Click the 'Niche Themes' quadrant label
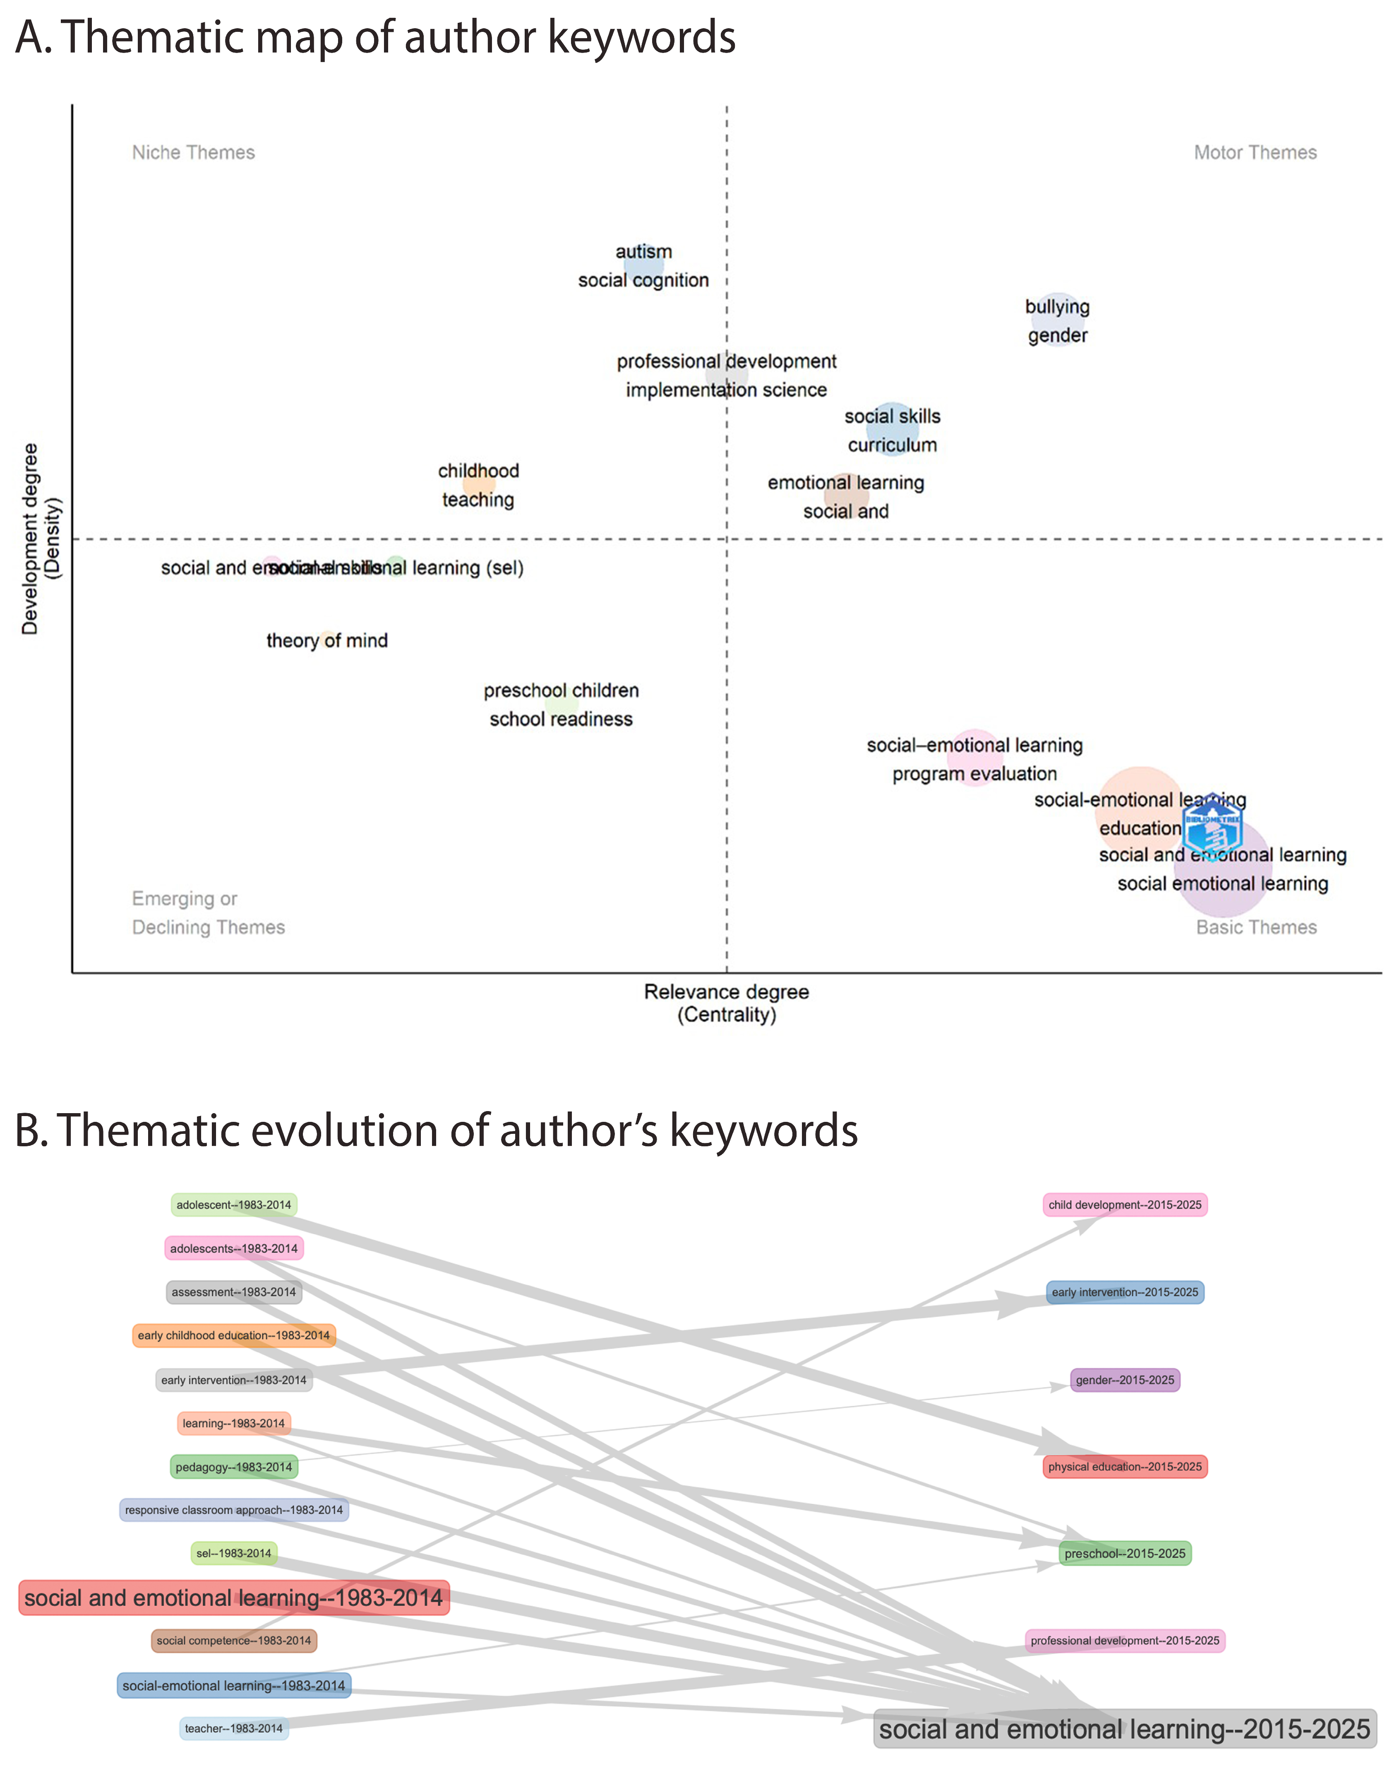(193, 152)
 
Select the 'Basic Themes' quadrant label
(1256, 927)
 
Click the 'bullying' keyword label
(1057, 307)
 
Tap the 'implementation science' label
(726, 390)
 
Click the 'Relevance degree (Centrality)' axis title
(726, 1003)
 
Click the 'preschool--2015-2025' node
(1125, 1553)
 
